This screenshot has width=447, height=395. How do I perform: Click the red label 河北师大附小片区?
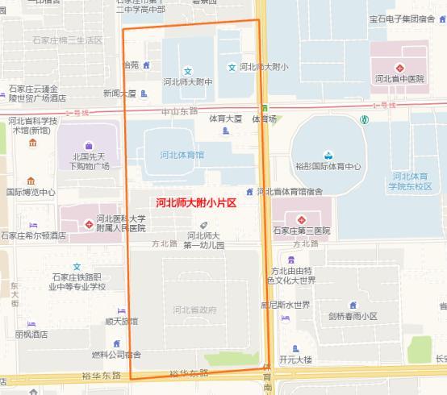point(195,203)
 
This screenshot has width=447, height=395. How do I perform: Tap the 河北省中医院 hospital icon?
point(399,68)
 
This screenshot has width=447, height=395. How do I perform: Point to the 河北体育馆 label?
point(182,154)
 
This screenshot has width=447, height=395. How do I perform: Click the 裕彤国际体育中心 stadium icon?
point(328,155)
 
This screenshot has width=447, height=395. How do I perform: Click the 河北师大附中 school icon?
point(188,69)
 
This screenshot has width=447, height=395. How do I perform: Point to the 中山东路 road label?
point(178,110)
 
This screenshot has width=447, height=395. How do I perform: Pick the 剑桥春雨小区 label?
point(353,317)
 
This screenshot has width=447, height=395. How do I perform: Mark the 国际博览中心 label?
point(31,193)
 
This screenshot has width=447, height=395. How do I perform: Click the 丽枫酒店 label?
point(31,334)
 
